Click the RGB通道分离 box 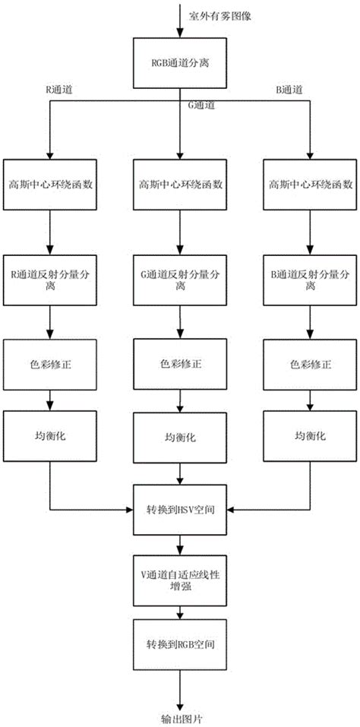(179, 62)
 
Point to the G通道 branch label (199, 107)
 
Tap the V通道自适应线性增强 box (179, 575)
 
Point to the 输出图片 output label (179, 716)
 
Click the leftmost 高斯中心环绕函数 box (49, 183)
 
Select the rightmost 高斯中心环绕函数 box (309, 183)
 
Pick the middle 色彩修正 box (179, 364)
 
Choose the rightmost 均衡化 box (309, 437)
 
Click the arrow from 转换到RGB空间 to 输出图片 (179, 685)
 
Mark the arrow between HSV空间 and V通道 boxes (179, 541)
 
